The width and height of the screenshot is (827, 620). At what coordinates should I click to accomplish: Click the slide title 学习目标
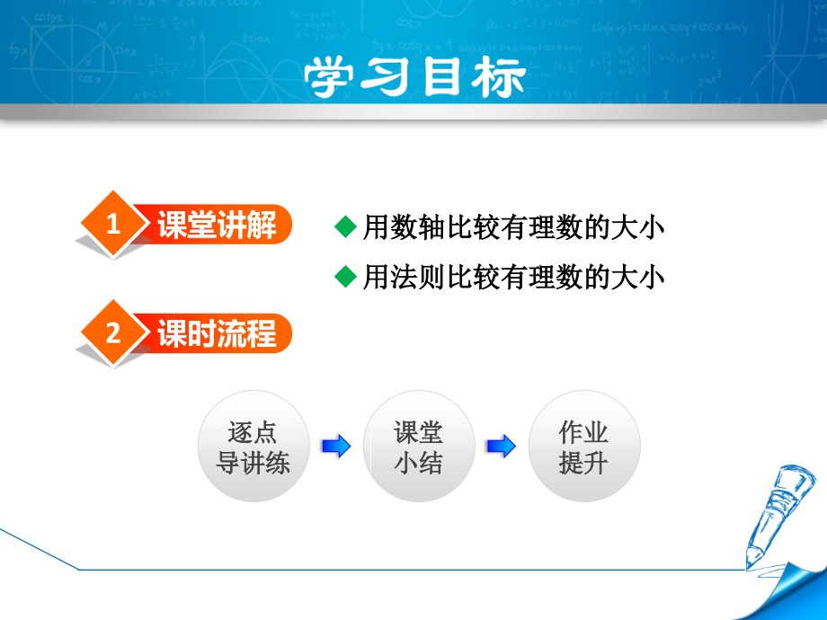pyautogui.click(x=413, y=78)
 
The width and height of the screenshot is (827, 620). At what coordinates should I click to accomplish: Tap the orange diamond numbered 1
pyautogui.click(x=112, y=226)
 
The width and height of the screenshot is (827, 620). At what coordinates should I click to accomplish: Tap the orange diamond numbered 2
pyautogui.click(x=112, y=334)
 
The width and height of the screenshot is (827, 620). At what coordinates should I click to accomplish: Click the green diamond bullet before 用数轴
pyautogui.click(x=345, y=227)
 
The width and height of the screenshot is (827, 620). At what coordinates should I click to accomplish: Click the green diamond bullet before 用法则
pyautogui.click(x=345, y=277)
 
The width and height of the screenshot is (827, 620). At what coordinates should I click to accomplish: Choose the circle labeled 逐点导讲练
pyautogui.click(x=253, y=447)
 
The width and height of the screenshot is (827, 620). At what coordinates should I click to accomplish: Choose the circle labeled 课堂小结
pyautogui.click(x=418, y=447)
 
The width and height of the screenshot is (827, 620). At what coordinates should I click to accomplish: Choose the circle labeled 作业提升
pyautogui.click(x=583, y=447)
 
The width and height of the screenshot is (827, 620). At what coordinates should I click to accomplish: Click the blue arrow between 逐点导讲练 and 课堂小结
pyautogui.click(x=336, y=446)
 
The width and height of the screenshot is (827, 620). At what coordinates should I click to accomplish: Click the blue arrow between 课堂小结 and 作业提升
pyautogui.click(x=501, y=446)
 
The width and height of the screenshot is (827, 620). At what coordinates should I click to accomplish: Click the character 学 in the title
pyautogui.click(x=331, y=78)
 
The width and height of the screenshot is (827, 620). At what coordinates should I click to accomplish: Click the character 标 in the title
pyautogui.click(x=497, y=78)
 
